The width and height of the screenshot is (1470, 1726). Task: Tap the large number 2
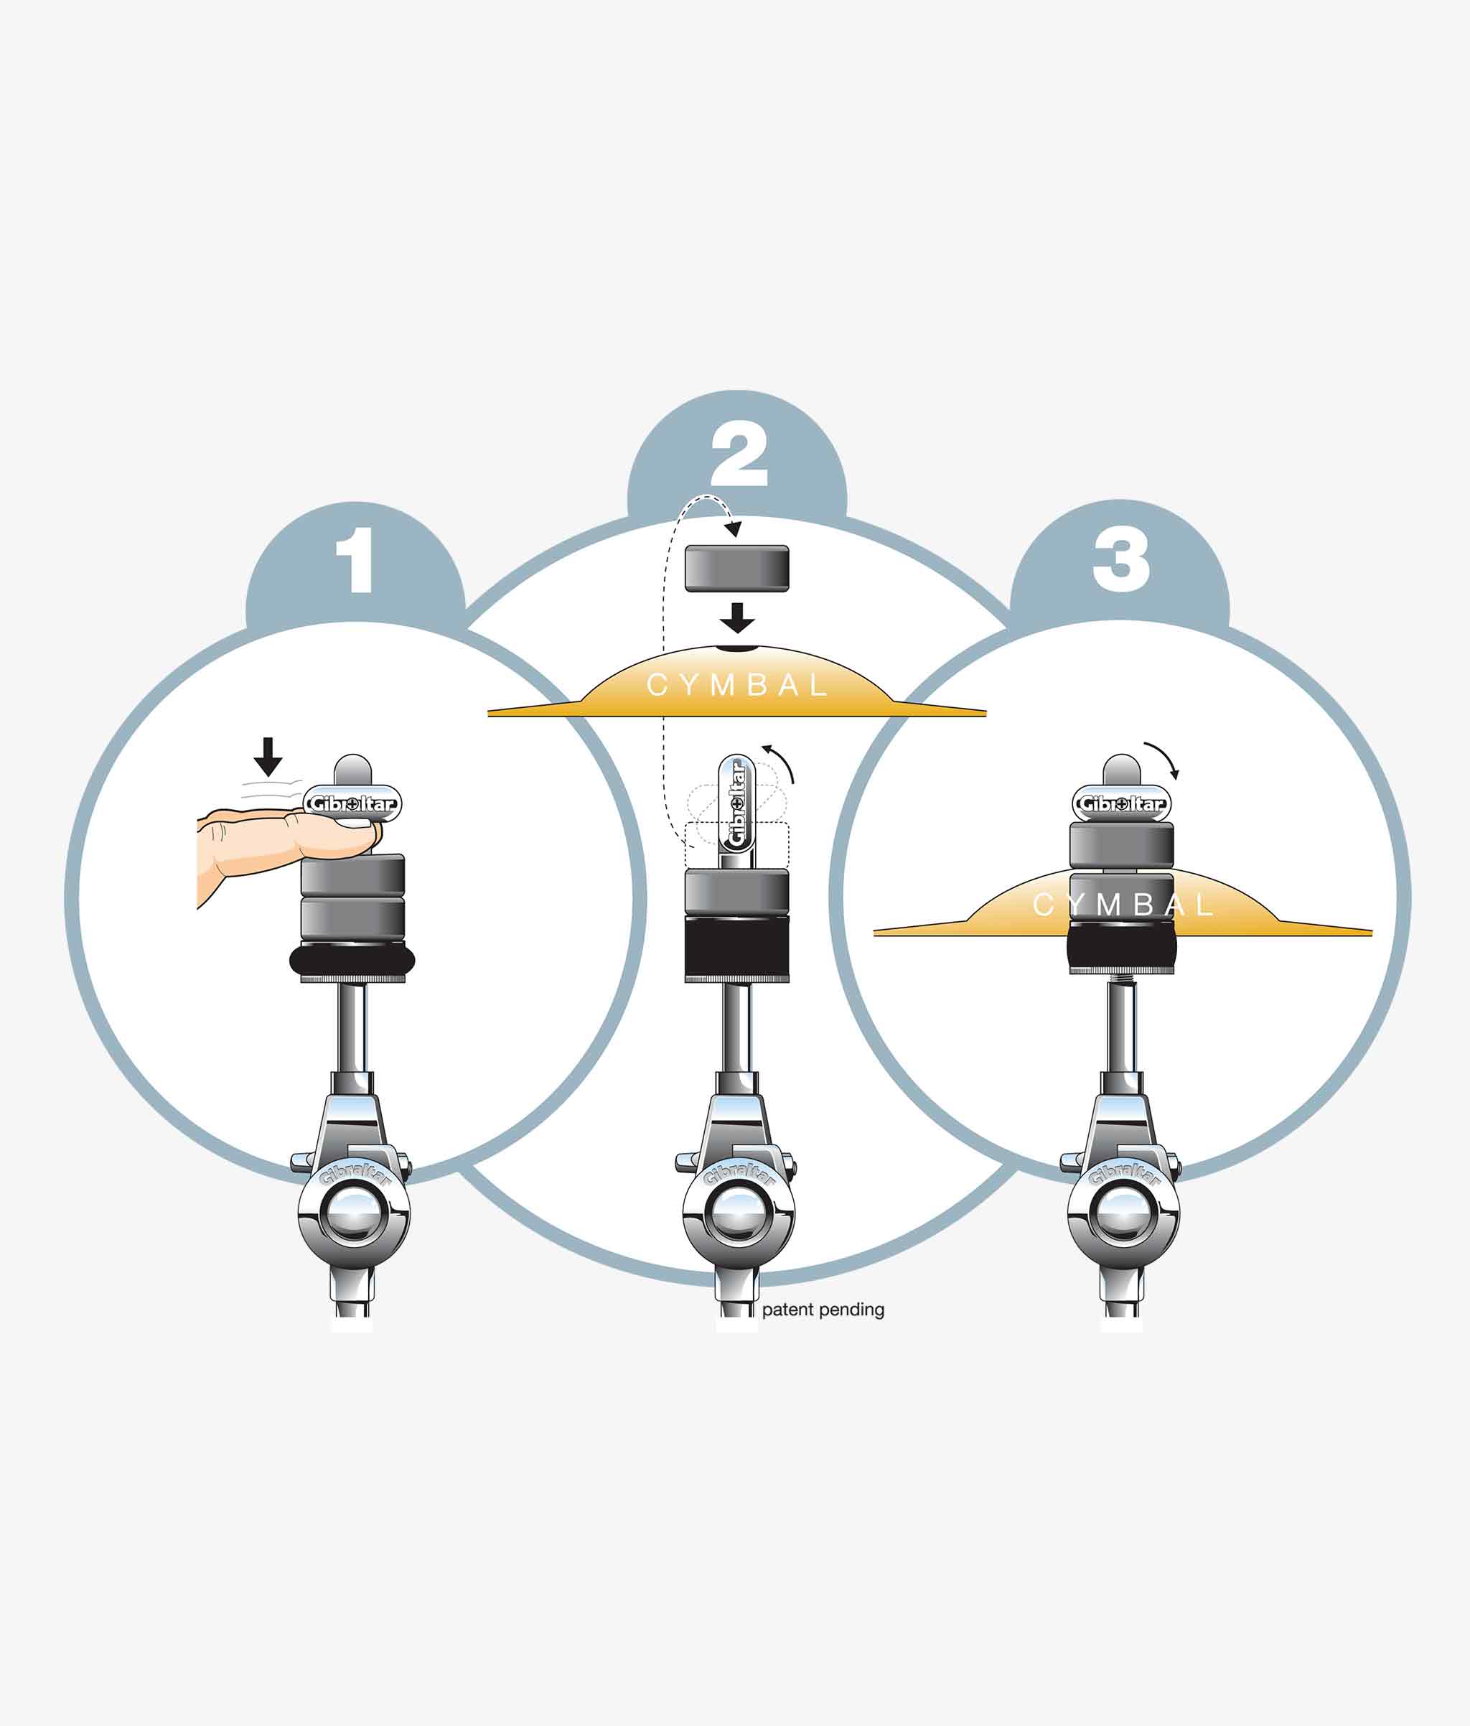tap(738, 454)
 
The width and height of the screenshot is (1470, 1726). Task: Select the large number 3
tap(1121, 561)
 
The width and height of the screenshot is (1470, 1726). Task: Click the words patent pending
tap(822, 1310)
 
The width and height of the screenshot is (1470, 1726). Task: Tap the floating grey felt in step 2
tap(736, 569)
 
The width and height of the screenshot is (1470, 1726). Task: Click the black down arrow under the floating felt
tap(737, 618)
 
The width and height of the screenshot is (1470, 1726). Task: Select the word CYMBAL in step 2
tap(736, 686)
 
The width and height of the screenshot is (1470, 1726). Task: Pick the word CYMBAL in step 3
tap(1123, 905)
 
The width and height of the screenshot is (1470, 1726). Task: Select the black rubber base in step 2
tap(736, 949)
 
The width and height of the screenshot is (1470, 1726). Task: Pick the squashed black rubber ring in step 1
tap(352, 961)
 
